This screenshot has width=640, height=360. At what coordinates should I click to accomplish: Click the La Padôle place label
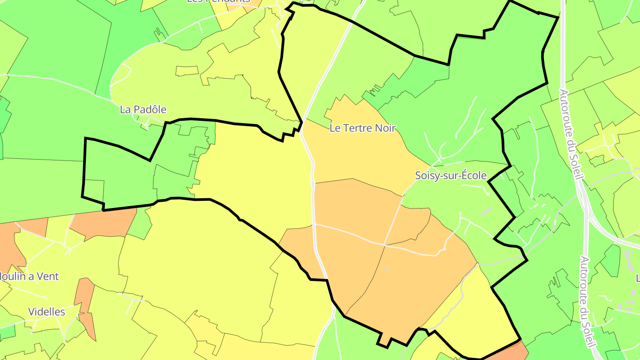(143, 109)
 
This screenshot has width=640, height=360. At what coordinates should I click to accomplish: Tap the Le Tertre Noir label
(363, 128)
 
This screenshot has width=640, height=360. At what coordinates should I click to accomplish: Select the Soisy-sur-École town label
(451, 176)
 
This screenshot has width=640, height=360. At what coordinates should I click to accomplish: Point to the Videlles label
(47, 312)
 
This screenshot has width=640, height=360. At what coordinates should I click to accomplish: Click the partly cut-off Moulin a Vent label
(29, 276)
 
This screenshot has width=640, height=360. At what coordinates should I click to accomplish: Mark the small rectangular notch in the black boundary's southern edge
(384, 340)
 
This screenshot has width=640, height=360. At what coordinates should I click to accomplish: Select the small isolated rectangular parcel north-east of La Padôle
(187, 71)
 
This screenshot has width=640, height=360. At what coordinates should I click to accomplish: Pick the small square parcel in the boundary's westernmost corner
(94, 190)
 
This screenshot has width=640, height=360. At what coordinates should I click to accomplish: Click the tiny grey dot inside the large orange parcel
(386, 269)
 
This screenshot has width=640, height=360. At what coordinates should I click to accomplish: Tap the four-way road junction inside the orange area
(384, 244)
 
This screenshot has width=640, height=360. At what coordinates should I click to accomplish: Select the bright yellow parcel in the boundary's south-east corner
(476, 311)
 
